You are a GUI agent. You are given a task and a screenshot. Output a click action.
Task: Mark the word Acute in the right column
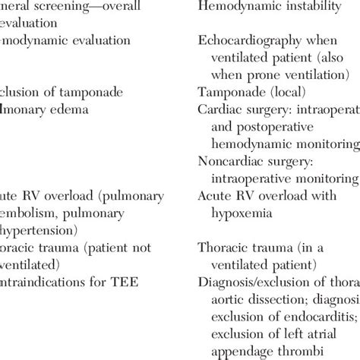pyautogui.click(x=214, y=197)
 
